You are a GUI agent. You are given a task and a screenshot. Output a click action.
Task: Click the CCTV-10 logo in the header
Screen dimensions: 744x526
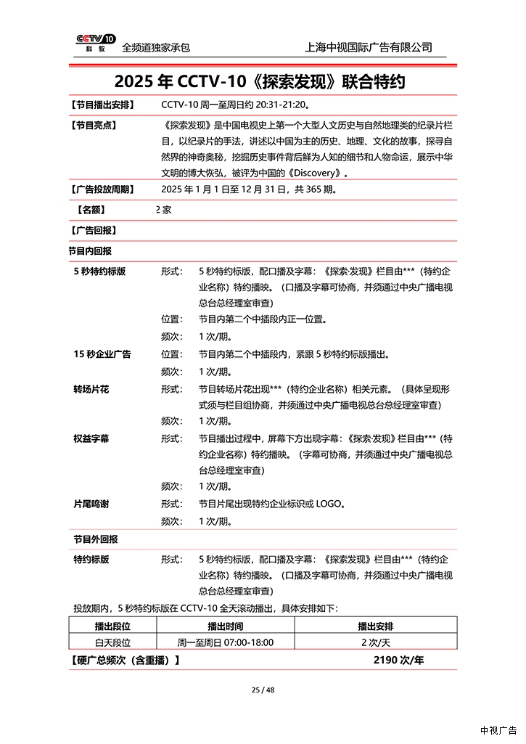point(95,43)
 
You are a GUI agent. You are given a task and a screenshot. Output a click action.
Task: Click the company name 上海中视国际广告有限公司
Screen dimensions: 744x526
point(369,47)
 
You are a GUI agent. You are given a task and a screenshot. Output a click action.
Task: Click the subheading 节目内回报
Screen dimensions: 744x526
point(90,251)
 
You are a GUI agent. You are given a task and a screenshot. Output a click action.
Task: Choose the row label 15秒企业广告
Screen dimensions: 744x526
point(102,354)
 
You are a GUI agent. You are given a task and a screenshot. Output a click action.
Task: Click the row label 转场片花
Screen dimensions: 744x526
point(91,389)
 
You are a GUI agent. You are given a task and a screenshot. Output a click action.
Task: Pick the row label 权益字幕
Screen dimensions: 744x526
point(91,438)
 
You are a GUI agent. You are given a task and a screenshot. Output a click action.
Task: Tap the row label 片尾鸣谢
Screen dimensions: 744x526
point(91,504)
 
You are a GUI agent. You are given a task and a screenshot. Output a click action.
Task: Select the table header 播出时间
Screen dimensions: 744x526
point(225,626)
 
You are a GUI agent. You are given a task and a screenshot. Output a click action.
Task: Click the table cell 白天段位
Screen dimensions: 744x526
point(112,642)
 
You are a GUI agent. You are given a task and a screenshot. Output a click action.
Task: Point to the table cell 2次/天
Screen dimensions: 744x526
point(375,642)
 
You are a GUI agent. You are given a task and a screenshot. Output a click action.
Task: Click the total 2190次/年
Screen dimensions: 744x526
point(398,660)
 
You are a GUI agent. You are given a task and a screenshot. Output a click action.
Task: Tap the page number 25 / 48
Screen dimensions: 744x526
point(263,690)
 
